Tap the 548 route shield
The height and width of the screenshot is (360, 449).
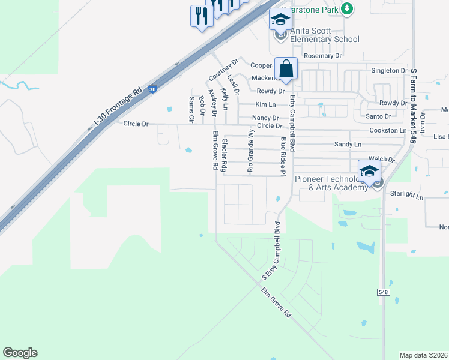point(382,292)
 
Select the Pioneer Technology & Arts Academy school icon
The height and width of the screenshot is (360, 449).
point(369,170)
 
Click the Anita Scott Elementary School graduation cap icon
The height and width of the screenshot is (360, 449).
point(279,20)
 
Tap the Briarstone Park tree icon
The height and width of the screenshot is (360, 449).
point(346,8)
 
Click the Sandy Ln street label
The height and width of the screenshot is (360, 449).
point(348,145)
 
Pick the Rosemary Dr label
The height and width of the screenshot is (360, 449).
point(322,56)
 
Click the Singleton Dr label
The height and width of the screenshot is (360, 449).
point(389,71)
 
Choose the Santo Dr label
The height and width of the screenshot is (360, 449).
point(378,116)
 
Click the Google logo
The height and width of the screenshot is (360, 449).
point(20,353)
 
